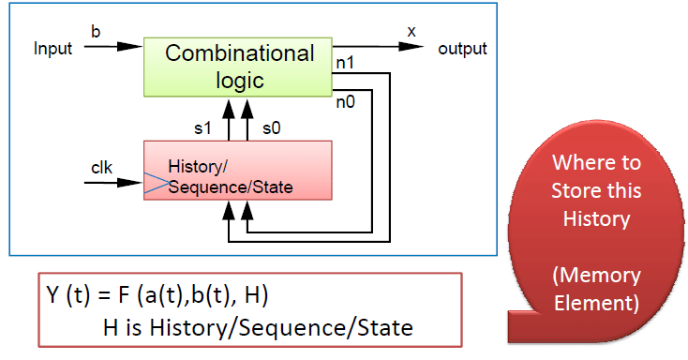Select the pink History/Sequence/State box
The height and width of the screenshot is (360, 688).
coord(237,170)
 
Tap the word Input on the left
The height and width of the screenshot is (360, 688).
coord(52,49)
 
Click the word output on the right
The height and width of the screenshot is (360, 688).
coord(462,49)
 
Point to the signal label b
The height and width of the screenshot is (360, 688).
coord(95,32)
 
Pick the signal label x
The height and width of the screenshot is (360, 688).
coord(411,32)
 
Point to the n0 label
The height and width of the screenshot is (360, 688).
coord(346,104)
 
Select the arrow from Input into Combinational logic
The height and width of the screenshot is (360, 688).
coord(112,47)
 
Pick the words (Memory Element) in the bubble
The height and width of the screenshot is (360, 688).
coord(596,290)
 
